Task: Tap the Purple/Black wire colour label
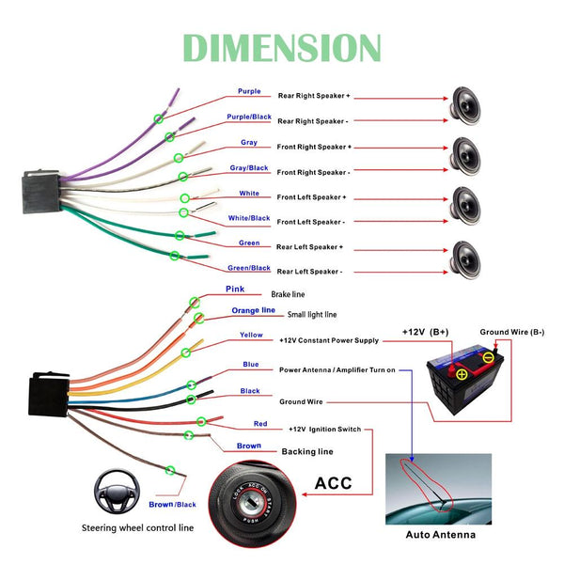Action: [x=249, y=117]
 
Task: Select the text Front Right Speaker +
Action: [x=313, y=148]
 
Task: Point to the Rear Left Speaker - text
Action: [x=309, y=272]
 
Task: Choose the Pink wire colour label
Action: [x=235, y=290]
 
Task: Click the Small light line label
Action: [x=311, y=315]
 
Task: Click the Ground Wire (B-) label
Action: [x=512, y=333]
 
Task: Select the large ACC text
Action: [x=334, y=484]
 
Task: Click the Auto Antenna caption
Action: [x=440, y=535]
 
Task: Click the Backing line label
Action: [x=307, y=452]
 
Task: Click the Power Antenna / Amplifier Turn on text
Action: [x=337, y=370]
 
